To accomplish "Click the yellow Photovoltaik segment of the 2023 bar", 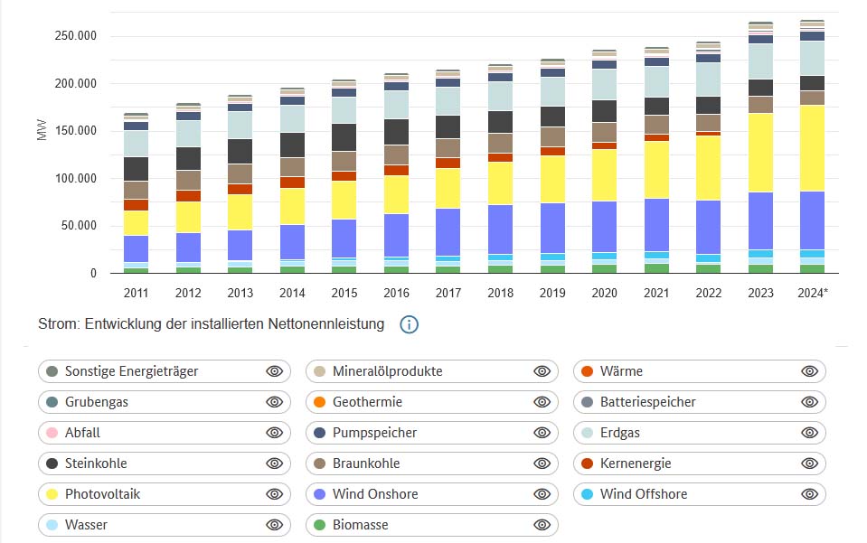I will (760, 153).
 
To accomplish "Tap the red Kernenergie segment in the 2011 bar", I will (137, 205).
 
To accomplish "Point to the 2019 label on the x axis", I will (552, 293).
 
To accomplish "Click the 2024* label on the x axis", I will (813, 293).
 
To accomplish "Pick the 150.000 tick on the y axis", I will (78, 131).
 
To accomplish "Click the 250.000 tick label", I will (78, 37).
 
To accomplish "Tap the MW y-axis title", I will (42, 131).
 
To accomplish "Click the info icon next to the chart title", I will (409, 324).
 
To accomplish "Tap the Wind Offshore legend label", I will (643, 494).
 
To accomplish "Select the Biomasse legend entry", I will (360, 525).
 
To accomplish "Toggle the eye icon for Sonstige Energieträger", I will (275, 371).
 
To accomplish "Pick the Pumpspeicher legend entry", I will (374, 433).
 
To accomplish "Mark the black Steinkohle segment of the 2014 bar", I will (292, 145).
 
